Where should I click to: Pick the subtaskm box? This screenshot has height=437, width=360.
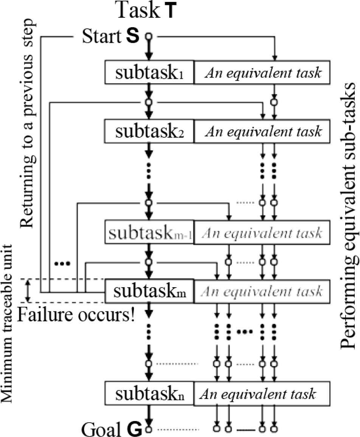pos(149,291)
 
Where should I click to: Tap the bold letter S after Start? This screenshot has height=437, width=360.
pos(135,37)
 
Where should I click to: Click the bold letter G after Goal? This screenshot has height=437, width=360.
pos(135,429)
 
